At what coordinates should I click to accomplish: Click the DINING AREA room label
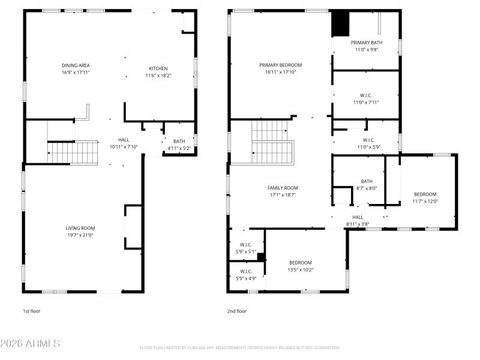tap(76, 65)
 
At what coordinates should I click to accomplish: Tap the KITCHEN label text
tap(158, 68)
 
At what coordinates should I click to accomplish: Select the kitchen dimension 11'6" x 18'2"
tap(158, 76)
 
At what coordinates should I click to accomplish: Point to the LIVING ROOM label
tap(80, 228)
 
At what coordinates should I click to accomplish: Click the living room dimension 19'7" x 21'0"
tap(80, 235)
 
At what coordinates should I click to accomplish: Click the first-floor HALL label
tap(124, 140)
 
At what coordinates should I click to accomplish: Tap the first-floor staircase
tap(73, 152)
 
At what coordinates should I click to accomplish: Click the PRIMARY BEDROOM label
tap(280, 65)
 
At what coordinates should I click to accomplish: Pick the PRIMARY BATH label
tap(366, 43)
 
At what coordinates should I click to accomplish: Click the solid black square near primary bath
tap(340, 24)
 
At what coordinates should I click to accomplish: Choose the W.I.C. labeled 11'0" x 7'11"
tap(366, 99)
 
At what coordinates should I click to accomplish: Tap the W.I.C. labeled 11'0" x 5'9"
tap(366, 143)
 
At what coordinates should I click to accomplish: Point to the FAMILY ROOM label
tap(283, 188)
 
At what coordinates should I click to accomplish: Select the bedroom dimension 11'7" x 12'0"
tap(425, 201)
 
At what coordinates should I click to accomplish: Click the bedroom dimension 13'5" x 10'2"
tap(300, 269)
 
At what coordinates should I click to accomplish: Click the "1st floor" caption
tap(31, 311)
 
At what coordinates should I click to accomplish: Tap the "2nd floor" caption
tap(236, 311)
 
